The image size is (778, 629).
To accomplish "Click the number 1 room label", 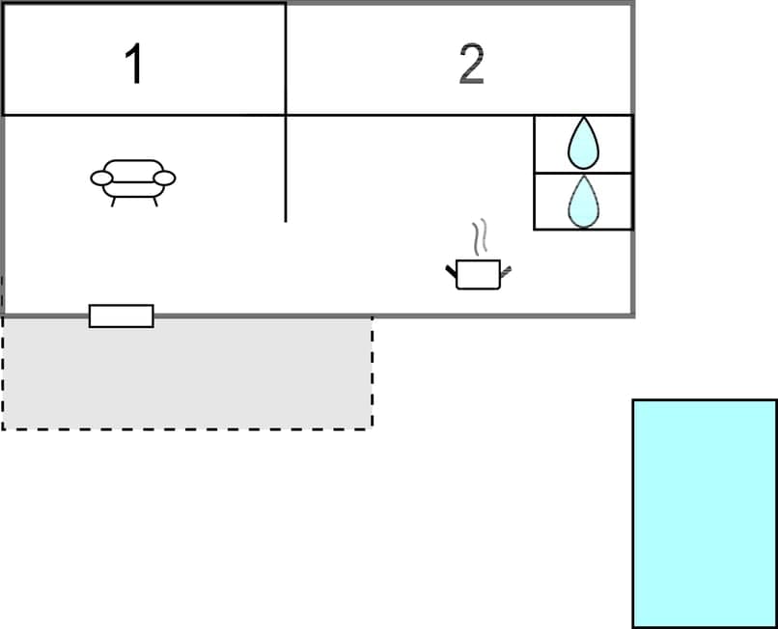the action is click(x=134, y=65).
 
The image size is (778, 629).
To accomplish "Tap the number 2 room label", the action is click(x=471, y=65).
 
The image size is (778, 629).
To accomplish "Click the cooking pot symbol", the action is click(x=478, y=273).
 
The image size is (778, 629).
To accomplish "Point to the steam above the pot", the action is click(x=480, y=236).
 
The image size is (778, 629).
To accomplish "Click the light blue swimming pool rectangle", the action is click(x=705, y=513).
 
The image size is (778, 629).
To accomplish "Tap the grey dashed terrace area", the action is click(x=187, y=376).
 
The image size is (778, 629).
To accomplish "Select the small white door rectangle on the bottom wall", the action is click(x=121, y=315).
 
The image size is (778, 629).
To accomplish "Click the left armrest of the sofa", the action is click(x=100, y=178).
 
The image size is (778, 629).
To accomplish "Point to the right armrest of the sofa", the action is click(x=166, y=178).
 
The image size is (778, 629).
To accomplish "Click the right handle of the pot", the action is click(x=506, y=270).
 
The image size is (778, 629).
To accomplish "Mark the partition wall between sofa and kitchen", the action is click(x=286, y=169).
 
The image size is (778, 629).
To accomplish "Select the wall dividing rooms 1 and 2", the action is click(x=286, y=58).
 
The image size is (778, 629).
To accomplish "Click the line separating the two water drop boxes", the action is click(x=583, y=173).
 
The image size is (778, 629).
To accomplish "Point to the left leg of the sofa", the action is click(x=114, y=202).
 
